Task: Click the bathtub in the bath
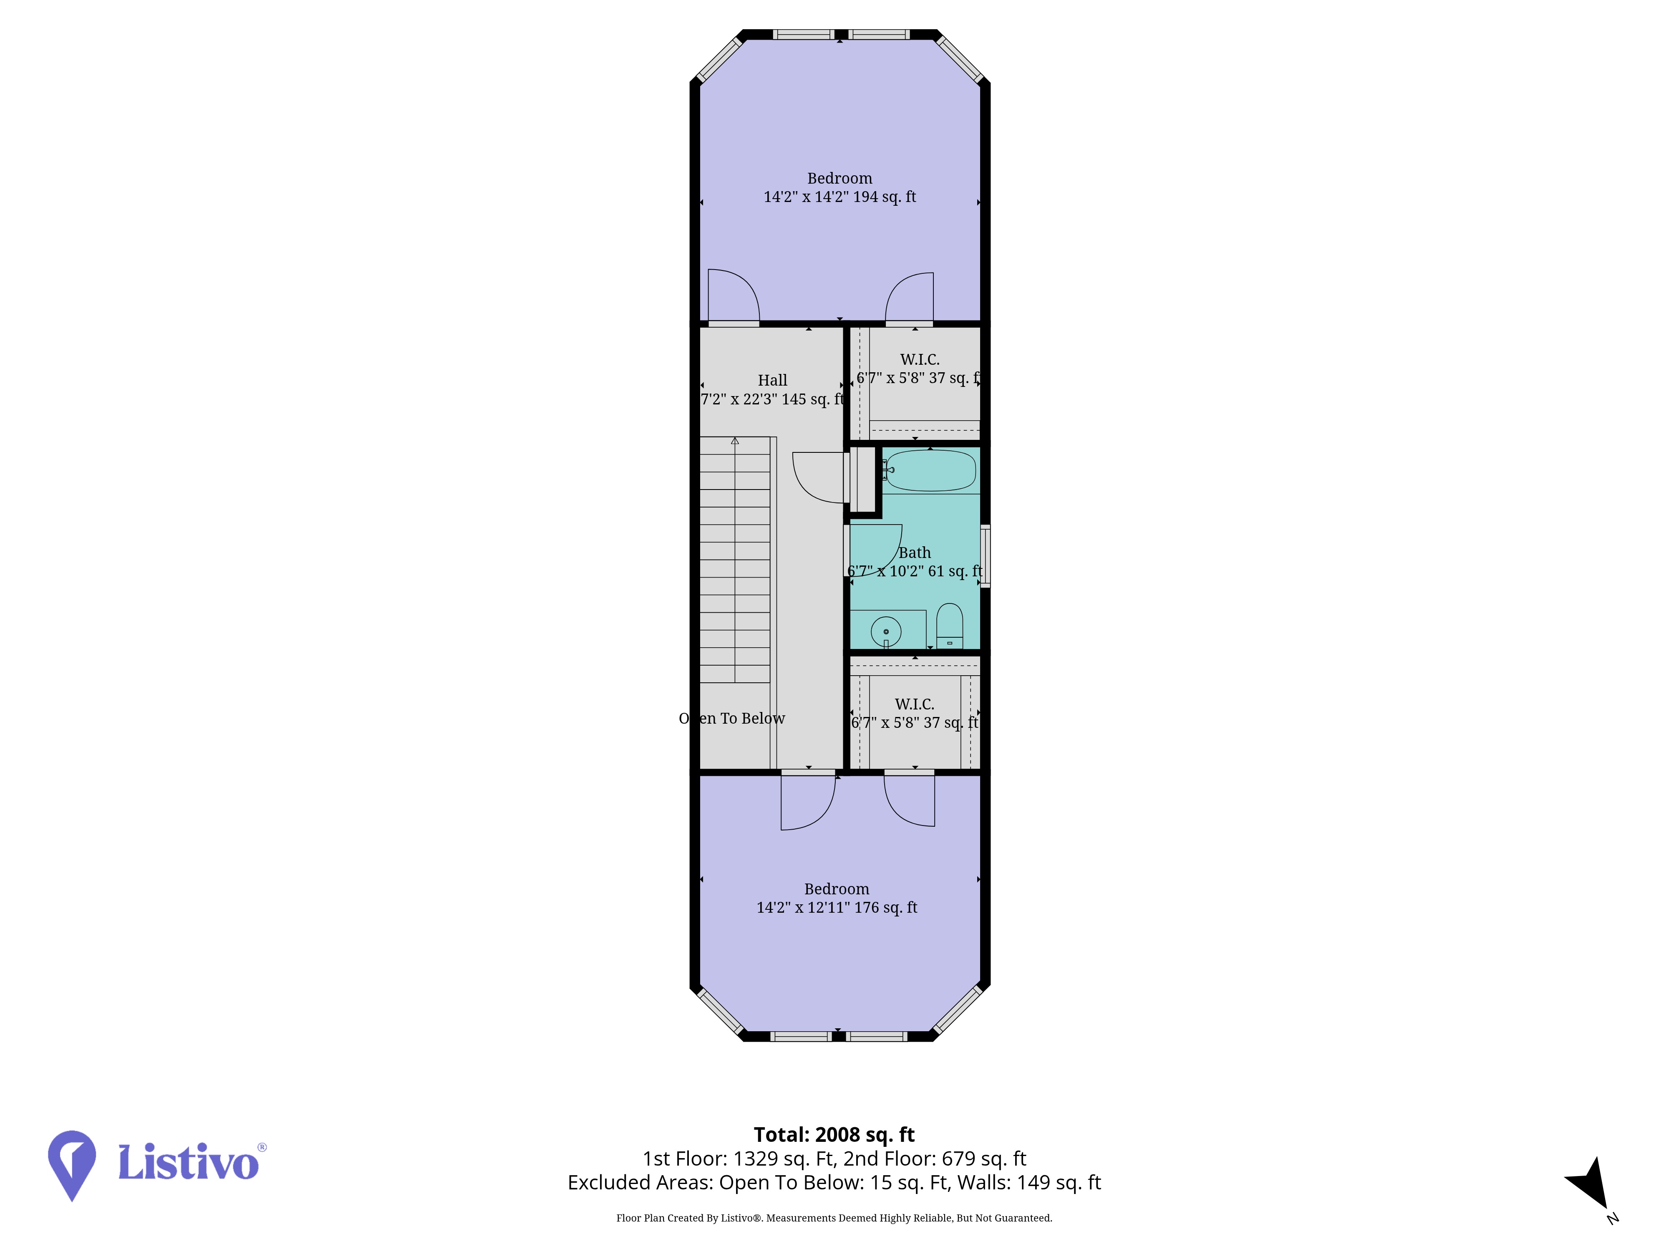point(930,470)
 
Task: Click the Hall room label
point(773,380)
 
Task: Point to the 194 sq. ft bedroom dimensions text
point(840,197)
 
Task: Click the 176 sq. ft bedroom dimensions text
point(837,908)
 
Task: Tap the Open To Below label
point(732,719)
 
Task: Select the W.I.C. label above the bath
point(920,360)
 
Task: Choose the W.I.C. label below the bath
point(915,704)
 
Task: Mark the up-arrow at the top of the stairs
point(735,441)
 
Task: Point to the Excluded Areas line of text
point(834,1183)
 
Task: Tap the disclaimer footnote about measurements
point(834,1218)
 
